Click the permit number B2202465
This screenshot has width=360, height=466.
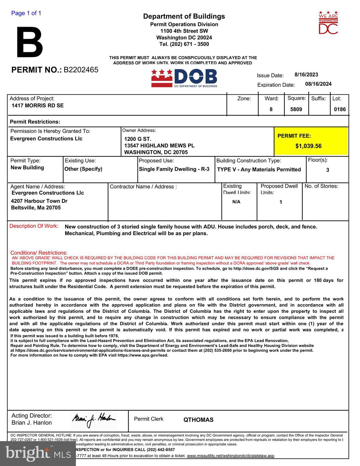point(81,70)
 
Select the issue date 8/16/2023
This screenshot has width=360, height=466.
point(306,75)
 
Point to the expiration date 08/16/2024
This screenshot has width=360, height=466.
point(318,84)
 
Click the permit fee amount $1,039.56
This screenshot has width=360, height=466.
point(308,146)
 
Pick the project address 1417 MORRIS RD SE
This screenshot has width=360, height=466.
point(38,106)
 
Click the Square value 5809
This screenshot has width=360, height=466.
point(296,109)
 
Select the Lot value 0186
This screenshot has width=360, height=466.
point(340,109)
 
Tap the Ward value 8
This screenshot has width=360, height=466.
point(271,109)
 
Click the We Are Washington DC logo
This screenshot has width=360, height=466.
point(328,23)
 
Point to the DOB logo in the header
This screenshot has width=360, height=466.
point(184,78)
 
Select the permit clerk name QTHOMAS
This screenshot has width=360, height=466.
point(198,420)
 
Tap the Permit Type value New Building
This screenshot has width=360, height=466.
point(27,167)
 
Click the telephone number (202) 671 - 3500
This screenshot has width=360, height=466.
point(184,44)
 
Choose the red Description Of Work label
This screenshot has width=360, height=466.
point(34,226)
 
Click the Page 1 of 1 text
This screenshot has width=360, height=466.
point(26,13)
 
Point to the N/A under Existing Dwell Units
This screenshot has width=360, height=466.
point(236,202)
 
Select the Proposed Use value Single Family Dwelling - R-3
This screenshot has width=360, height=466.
point(174,169)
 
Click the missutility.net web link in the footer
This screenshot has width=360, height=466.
point(230,456)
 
